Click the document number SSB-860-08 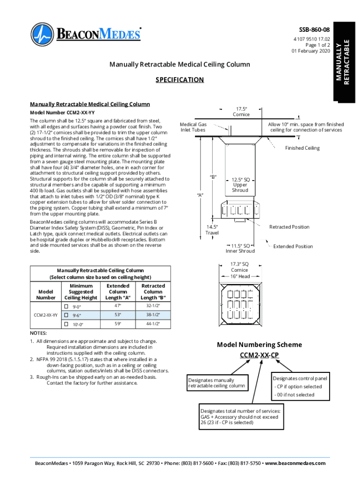pos(314,30)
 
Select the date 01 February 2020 pos(311,51)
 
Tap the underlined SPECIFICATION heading pos(180,80)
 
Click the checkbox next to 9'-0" pos(66,307)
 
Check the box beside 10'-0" pos(66,324)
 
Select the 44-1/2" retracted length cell pos(153,324)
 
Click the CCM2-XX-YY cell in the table pos(46,315)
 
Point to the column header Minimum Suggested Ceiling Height pos(80,291)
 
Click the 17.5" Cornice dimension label pos(241,111)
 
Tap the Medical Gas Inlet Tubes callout pos(194,127)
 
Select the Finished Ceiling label pos(302,148)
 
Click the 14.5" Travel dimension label pos(212,230)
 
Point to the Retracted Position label pos(289,227)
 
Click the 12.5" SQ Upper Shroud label pos(240,185)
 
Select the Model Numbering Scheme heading pos(259,345)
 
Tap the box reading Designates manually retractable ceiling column pos(216,383)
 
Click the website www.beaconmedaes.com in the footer pos(295,463)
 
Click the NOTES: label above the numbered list pos(38,333)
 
